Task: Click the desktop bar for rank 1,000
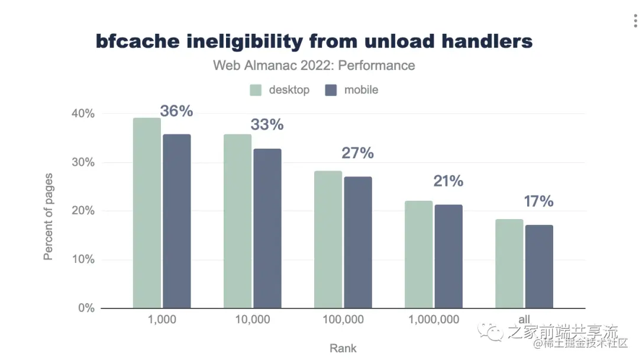pos(147,213)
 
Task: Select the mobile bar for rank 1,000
pos(177,221)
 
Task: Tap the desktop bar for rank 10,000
pos(237,221)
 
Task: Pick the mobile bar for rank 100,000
pos(358,242)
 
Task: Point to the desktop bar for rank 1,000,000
pos(418,255)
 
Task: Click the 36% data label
pos(176,111)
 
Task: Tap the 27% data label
pos(357,153)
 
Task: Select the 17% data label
pos(538,201)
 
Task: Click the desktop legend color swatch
pos(256,90)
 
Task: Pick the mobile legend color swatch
pos(331,90)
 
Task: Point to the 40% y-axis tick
pos(83,114)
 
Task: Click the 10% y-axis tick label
pos(83,259)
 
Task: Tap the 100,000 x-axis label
pos(343,320)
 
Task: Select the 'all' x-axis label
pos(524,320)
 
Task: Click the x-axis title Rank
pos(343,348)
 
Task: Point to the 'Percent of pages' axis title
pos(49,216)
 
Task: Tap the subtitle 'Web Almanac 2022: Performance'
pos(314,65)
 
